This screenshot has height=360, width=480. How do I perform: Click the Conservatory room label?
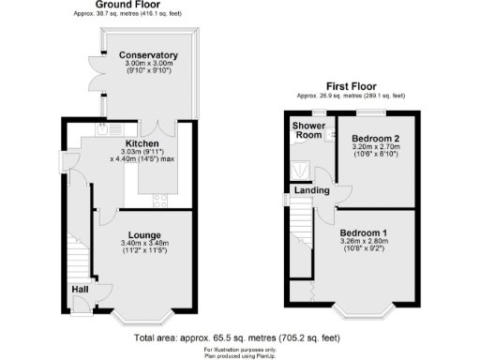pos(148,55)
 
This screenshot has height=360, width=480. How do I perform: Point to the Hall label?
pos(79,289)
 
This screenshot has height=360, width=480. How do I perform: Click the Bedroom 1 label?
pos(364,232)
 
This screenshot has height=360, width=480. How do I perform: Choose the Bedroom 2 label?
pos(375,138)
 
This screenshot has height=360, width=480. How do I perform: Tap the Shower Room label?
pos(307,130)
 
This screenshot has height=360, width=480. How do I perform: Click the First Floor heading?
pos(352,84)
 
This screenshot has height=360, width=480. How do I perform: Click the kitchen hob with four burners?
pos(160,199)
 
